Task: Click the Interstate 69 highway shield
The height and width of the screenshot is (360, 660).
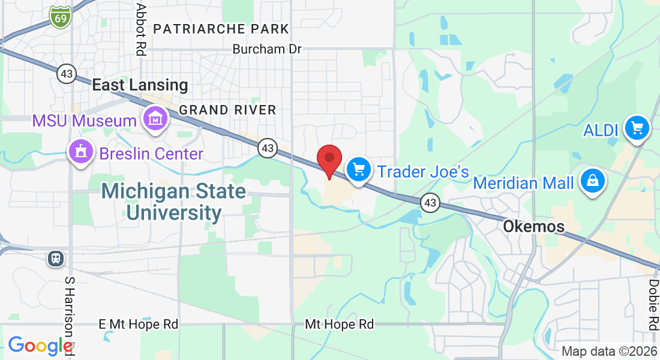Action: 61,17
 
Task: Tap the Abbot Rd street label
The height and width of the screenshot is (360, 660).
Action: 142,29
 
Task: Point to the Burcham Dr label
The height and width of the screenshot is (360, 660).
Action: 267,49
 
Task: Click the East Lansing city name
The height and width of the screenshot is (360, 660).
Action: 140,85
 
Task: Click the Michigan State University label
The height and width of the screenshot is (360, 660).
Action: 173,202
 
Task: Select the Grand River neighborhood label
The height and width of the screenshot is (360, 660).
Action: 227,110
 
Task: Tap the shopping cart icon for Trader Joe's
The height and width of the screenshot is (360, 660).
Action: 359,169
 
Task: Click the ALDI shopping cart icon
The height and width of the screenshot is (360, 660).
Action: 637,127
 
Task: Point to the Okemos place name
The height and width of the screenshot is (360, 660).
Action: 534,227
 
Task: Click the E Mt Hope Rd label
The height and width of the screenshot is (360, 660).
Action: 139,325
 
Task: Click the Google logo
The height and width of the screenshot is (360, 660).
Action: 40,346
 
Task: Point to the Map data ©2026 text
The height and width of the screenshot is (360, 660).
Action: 609,351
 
